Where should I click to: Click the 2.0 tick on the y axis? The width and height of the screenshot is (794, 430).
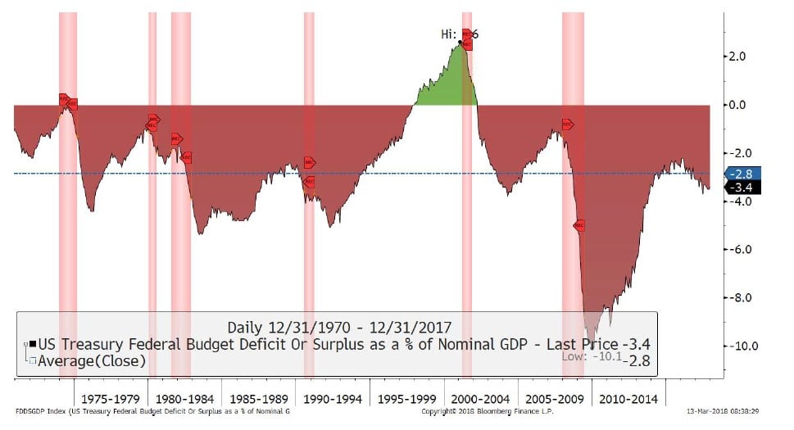coord(739,57)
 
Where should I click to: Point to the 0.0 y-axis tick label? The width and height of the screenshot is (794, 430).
coord(739,105)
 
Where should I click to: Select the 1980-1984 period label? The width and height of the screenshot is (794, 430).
coord(185,398)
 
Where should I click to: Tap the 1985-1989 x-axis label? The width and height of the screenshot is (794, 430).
coord(259,398)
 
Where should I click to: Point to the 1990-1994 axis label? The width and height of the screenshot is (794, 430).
coord(333,398)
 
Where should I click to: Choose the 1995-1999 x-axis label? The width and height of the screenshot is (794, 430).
coord(407,398)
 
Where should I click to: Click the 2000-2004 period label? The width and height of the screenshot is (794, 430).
coord(481,398)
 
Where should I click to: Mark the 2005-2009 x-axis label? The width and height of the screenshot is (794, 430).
coord(555,398)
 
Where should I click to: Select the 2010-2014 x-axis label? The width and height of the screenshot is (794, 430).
coord(628,398)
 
